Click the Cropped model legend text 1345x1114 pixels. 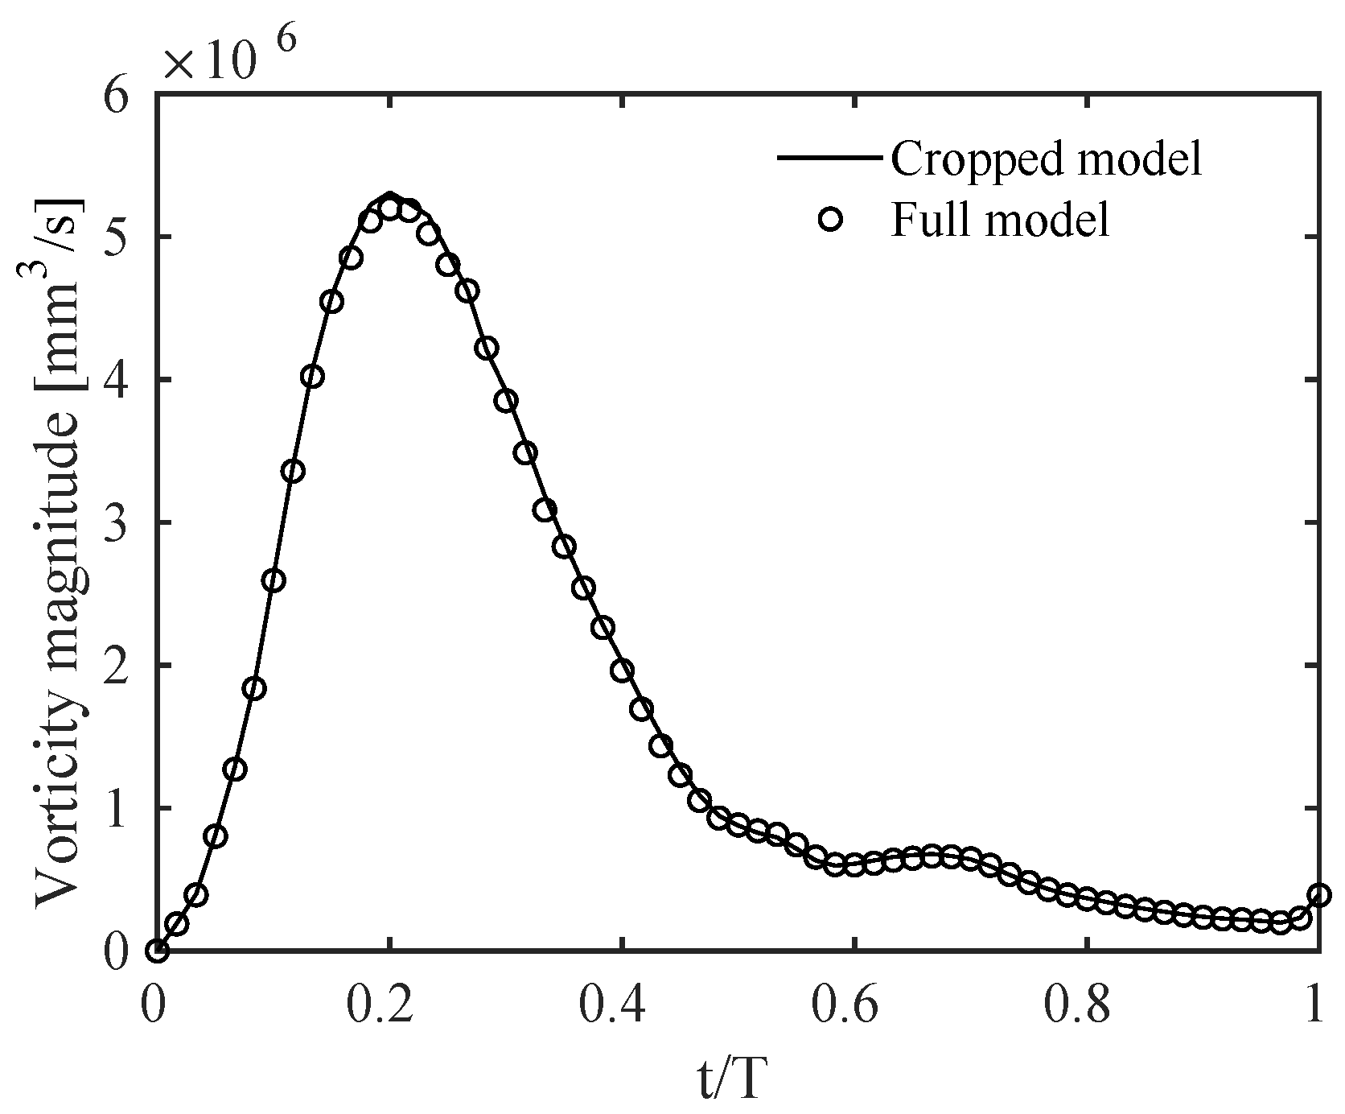pyautogui.click(x=1046, y=159)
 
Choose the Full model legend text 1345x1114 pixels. pyautogui.click(x=999, y=219)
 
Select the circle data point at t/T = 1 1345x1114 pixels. pyautogui.click(x=1318, y=895)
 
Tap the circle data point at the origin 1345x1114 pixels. pyautogui.click(x=157, y=951)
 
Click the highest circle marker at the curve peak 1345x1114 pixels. pyautogui.click(x=390, y=208)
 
